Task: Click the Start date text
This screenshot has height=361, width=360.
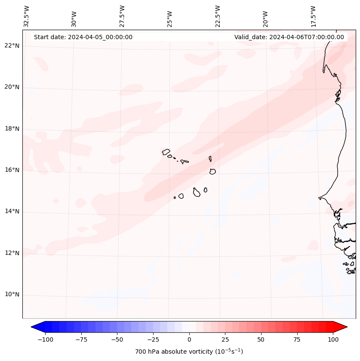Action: point(83,37)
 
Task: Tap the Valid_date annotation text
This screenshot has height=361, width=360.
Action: point(289,37)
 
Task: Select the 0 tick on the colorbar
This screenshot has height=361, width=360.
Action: point(189,339)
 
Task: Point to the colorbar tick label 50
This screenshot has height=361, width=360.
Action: point(261,339)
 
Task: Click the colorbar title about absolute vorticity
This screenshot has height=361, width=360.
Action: point(189,352)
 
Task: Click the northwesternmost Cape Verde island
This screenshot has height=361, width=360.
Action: point(166,152)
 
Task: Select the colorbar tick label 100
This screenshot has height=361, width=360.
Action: point(333,339)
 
